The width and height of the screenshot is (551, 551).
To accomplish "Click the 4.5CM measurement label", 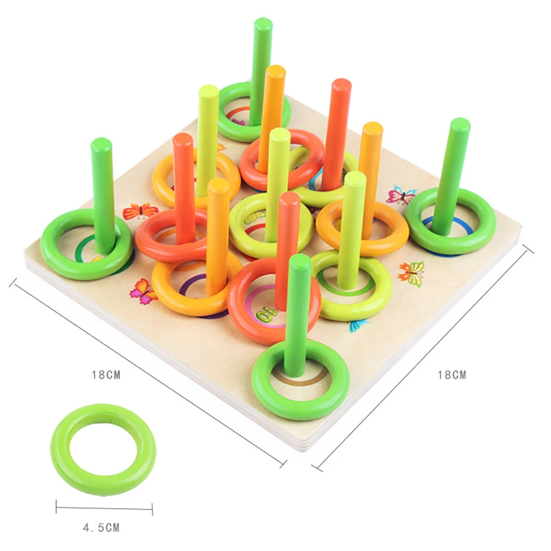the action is coord(101,527).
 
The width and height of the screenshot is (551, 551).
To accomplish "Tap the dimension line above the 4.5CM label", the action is coord(105,508).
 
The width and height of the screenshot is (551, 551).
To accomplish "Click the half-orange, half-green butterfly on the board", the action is coord(412,273).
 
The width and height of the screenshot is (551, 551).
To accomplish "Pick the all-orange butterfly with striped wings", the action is coord(140,211).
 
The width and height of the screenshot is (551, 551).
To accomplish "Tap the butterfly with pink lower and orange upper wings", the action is coord(143,291).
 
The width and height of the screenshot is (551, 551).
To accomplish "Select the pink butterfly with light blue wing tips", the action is coord(401,195).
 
